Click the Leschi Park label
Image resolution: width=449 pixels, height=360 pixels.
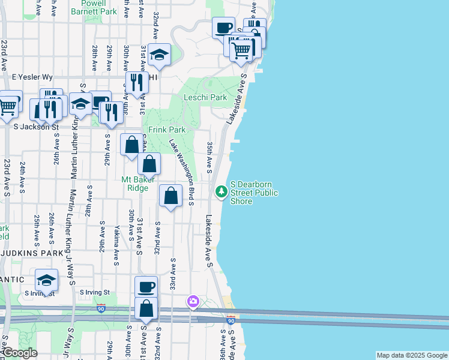click(205, 97)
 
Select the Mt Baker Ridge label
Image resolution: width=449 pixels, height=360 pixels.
click(139, 183)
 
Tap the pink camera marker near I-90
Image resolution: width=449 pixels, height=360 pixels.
click(193, 301)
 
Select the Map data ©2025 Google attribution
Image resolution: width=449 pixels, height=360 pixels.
click(412, 355)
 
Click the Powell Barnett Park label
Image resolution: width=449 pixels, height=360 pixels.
click(94, 7)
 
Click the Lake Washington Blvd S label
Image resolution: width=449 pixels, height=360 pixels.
click(182, 172)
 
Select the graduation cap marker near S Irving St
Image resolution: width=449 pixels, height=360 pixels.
click(47, 280)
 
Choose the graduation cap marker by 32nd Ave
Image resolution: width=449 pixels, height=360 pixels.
click(159, 55)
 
